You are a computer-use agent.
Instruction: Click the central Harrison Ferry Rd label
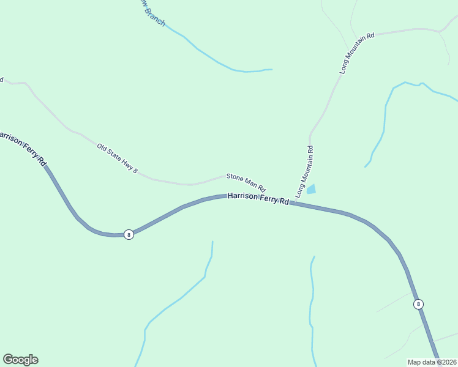pyautogui.click(x=258, y=198)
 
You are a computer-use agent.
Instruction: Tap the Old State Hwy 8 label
pyautogui.click(x=118, y=158)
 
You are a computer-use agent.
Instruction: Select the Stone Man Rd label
pyautogui.click(x=246, y=181)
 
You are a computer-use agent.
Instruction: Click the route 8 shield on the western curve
pyautogui.click(x=129, y=234)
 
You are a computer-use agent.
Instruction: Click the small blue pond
pyautogui.click(x=311, y=190)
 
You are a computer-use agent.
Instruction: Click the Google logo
pyautogui.click(x=20, y=360)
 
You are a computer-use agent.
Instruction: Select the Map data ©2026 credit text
pyautogui.click(x=432, y=362)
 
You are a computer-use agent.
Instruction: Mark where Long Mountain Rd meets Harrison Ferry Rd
pyautogui.click(x=291, y=202)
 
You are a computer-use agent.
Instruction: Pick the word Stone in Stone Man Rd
pyautogui.click(x=235, y=177)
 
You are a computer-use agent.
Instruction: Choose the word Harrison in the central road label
pyautogui.click(x=241, y=196)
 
